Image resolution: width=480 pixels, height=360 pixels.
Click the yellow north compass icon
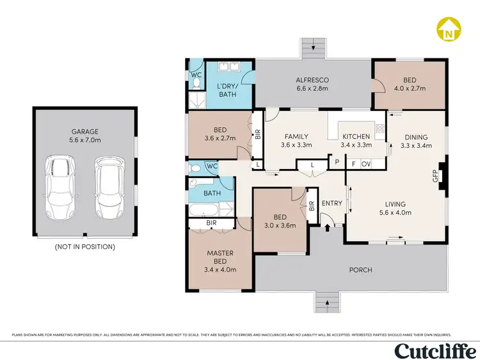pyautogui.click(x=449, y=29)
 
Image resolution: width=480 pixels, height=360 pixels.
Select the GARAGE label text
pyautogui.click(x=84, y=132)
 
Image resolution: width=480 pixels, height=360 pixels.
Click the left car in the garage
pyautogui.click(x=60, y=187)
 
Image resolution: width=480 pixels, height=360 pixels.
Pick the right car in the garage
pyautogui.click(x=109, y=187)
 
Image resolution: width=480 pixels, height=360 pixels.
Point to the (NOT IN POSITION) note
pyautogui.click(x=84, y=247)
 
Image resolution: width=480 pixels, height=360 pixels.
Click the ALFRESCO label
pyautogui.click(x=312, y=80)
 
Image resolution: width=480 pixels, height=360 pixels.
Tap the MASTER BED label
pyautogui.click(x=220, y=258)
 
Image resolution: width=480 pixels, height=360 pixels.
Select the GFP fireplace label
pyautogui.click(x=436, y=176)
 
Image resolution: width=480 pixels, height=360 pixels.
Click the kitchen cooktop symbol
pyautogui.click(x=380, y=128)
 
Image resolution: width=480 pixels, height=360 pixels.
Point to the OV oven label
pyautogui.click(x=366, y=164)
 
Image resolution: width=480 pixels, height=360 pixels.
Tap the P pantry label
pyautogui.click(x=337, y=161)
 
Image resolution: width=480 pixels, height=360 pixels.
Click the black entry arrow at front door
pyautogui.click(x=327, y=227)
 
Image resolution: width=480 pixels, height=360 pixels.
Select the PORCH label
pyautogui.click(x=360, y=270)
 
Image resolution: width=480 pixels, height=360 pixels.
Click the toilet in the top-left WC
pyautogui.click(x=196, y=83)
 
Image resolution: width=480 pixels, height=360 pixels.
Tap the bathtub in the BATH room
pyautogui.click(x=204, y=211)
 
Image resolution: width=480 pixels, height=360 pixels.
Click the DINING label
pyautogui.click(x=416, y=137)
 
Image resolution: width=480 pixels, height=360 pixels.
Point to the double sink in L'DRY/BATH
pyautogui.click(x=228, y=67)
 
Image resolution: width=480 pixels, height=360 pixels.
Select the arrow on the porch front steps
pyautogui.click(x=327, y=303)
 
